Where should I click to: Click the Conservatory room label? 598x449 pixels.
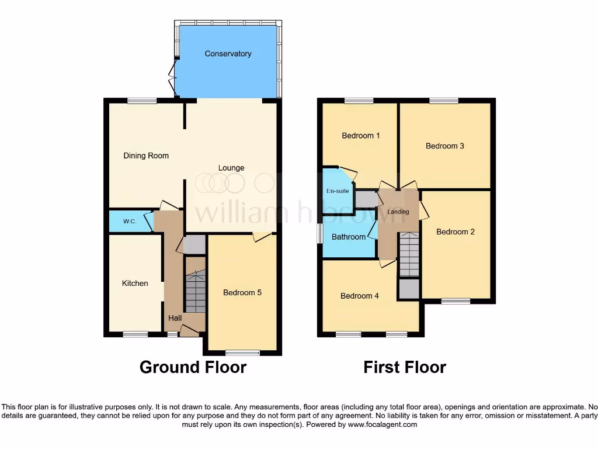228,54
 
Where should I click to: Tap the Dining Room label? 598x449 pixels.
146,156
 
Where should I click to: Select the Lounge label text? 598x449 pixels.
231,168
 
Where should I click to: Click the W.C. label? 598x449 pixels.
129,222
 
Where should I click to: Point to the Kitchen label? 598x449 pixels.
135,283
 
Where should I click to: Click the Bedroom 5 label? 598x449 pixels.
242,292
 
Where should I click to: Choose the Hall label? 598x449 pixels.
175,318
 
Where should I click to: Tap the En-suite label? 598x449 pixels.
338,191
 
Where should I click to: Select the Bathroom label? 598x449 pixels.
349,237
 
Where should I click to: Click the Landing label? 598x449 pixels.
398,212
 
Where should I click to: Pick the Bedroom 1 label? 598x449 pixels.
361,136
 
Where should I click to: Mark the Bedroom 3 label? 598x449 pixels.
445,146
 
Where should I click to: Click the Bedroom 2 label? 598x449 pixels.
456,232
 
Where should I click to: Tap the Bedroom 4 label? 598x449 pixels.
360,296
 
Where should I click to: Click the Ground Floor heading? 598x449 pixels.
193,367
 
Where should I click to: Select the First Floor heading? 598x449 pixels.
405,367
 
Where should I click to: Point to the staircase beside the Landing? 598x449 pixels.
409,254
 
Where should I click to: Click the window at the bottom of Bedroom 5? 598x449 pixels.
242,353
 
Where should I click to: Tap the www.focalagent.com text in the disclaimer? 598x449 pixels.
383,424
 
